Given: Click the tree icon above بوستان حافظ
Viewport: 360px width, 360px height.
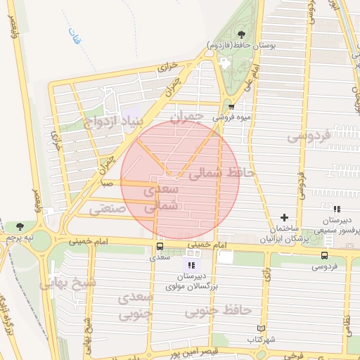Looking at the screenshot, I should click(x=242, y=33).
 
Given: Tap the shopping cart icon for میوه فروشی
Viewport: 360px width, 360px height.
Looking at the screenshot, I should click(x=231, y=107).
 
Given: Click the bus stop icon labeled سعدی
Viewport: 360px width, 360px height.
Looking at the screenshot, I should click(x=160, y=247).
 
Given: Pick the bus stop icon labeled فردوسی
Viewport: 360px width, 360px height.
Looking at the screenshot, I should click(x=324, y=255).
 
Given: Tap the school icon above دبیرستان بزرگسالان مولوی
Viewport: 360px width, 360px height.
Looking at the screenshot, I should click(x=190, y=265).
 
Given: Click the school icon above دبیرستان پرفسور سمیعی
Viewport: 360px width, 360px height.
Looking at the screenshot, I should click(x=337, y=209).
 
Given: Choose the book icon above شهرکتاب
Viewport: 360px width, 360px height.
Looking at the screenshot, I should click(x=262, y=328).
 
